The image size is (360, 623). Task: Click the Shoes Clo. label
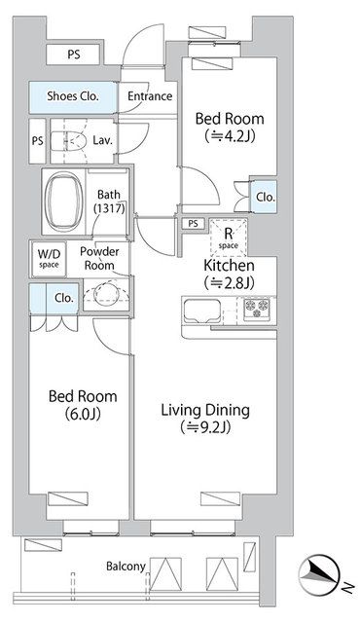73,95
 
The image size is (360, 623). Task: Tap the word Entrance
150,96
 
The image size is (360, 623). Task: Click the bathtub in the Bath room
64,202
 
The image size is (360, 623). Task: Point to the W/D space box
49,259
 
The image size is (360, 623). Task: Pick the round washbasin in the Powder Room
106,294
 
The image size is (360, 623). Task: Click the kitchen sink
201,311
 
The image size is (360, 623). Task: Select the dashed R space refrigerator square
229,238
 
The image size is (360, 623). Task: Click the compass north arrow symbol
318,574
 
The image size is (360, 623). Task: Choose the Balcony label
126,567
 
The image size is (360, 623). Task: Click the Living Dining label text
205,410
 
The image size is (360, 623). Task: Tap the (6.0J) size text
83,415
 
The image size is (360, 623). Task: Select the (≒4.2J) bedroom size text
230,136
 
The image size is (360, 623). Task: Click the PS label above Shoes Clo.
73,55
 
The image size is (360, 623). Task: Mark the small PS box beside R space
193,224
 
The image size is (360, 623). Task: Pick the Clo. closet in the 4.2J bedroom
264,197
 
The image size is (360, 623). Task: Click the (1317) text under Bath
110,207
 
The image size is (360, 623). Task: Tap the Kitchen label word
229,265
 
